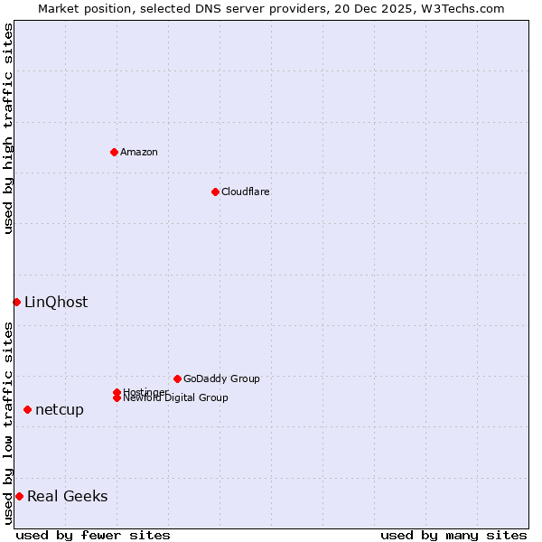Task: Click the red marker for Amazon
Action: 114,152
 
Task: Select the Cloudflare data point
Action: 215,192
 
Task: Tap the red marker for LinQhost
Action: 16,302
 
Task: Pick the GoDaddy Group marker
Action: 177,378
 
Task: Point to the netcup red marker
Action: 27,409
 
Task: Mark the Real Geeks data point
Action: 19,496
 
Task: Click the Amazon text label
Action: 138,152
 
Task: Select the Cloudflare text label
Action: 245,192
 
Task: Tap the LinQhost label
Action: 56,303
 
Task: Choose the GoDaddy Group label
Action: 221,378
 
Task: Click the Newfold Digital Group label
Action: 175,397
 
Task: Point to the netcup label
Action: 60,410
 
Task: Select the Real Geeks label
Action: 67,496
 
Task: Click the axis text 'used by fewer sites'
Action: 93,535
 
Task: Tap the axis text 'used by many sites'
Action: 453,535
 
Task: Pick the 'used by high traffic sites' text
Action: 8,128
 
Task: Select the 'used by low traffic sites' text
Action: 8,423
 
